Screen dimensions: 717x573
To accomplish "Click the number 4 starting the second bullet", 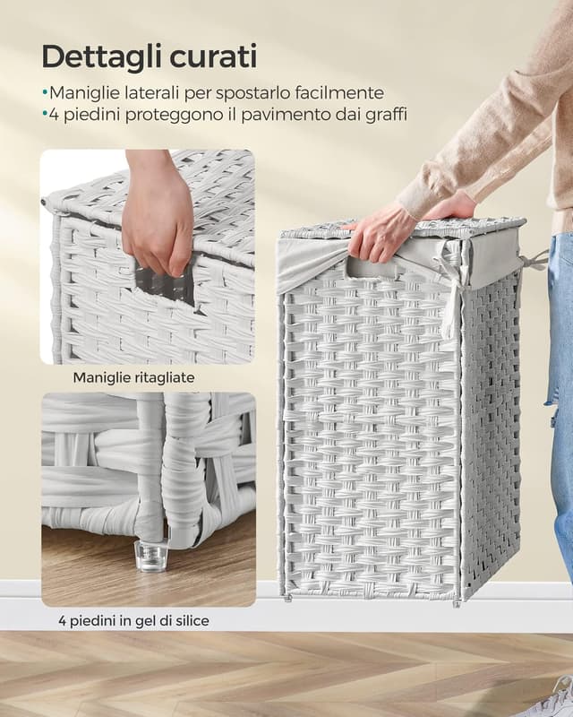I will point(54,115).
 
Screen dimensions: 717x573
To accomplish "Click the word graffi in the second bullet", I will point(385,115).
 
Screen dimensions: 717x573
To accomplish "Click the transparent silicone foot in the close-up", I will point(152,555).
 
